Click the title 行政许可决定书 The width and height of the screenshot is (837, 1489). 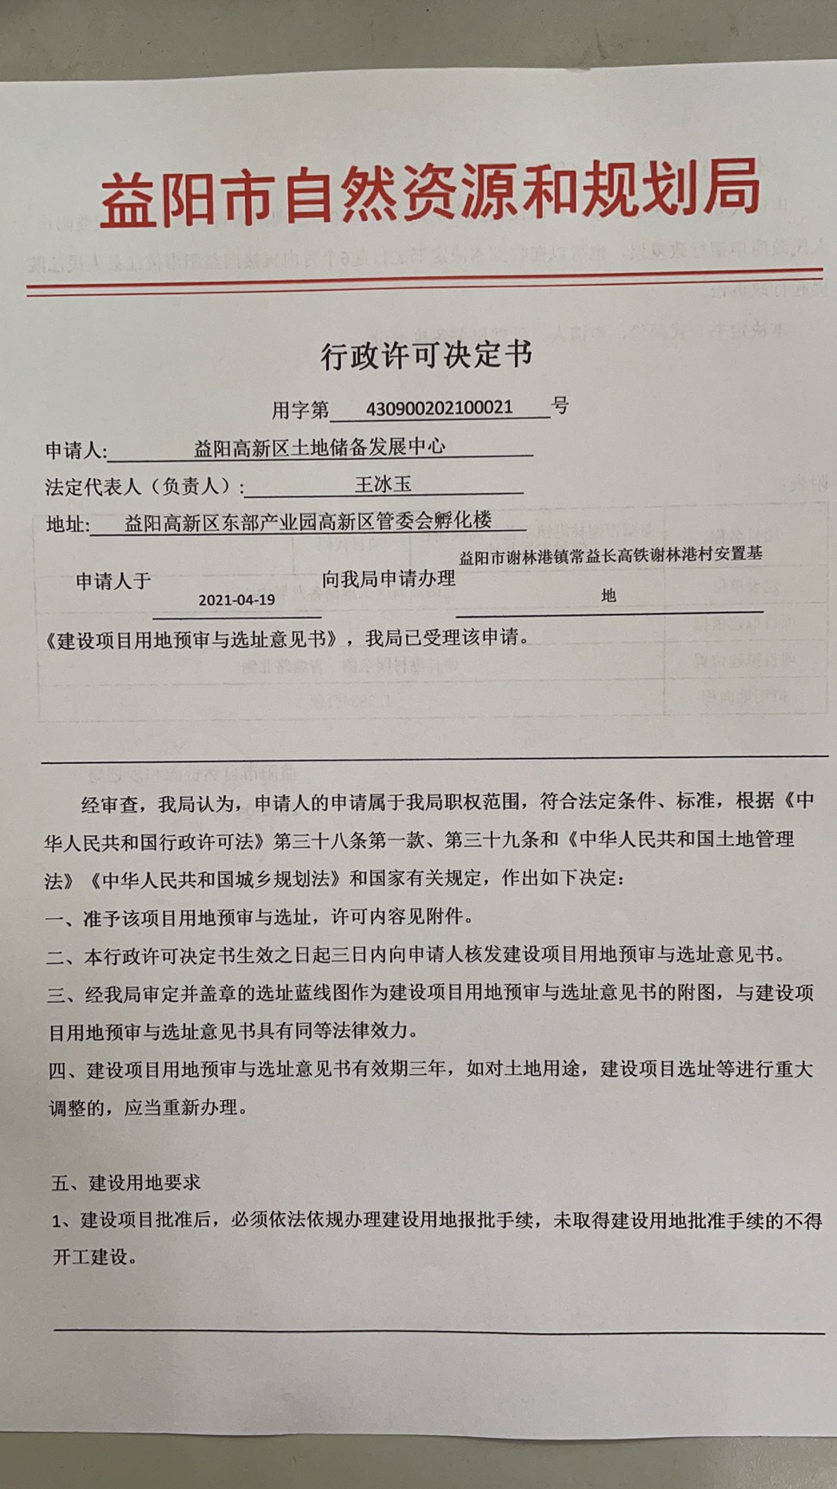(426, 355)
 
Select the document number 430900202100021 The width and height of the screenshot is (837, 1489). (439, 407)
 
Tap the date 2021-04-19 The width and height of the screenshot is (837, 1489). (236, 599)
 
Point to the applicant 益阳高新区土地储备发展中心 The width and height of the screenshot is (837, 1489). (319, 447)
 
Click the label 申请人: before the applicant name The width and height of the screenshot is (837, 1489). (76, 450)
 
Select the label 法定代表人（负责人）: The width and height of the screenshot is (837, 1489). (144, 487)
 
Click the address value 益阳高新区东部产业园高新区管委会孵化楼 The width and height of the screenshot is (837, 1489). (308, 521)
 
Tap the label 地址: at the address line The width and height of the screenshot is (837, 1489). (68, 525)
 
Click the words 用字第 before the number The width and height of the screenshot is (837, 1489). (300, 409)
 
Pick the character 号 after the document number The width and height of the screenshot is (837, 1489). (561, 405)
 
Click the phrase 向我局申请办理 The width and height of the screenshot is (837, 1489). (389, 579)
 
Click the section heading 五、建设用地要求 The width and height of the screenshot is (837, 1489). (126, 1182)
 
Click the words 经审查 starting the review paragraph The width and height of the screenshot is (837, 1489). (110, 804)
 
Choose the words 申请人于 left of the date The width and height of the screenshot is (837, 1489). (113, 580)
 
